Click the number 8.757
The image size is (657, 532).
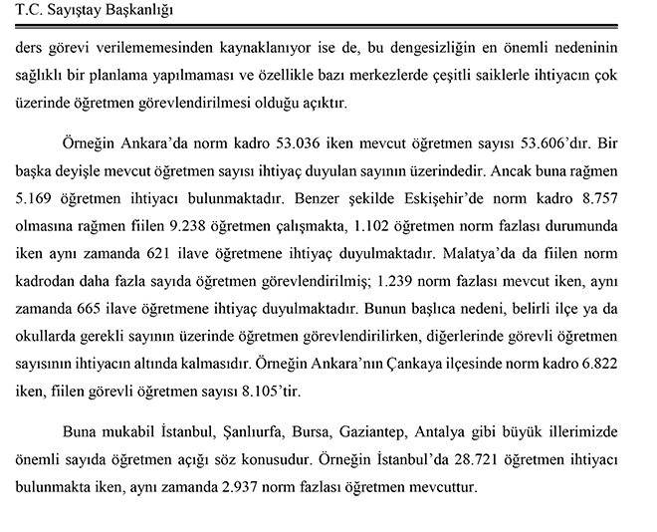coord(609,214)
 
